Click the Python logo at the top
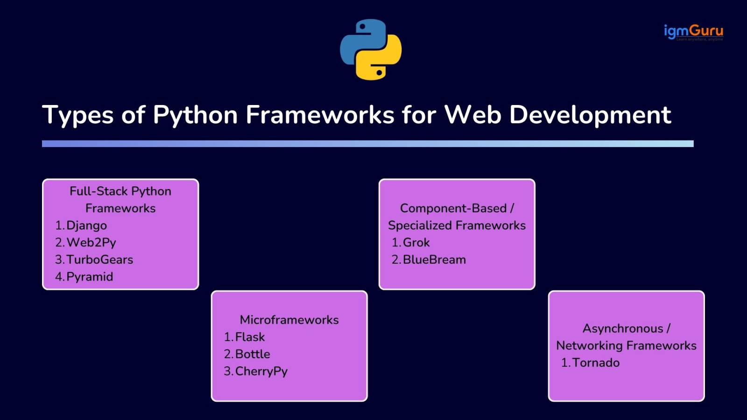point(371,49)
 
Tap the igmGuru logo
point(693,32)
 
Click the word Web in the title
point(472,115)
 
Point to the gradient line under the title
point(367,144)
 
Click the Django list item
point(86,225)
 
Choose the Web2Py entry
point(91,243)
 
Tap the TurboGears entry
point(99,259)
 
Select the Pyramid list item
point(90,277)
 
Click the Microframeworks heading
point(289,320)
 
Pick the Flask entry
point(250,337)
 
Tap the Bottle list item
point(253,354)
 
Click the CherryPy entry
point(261,371)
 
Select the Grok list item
point(416,243)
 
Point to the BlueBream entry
point(434,259)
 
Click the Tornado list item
point(596,363)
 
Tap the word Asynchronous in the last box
point(623,329)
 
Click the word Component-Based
point(453,208)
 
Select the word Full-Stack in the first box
point(99,191)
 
